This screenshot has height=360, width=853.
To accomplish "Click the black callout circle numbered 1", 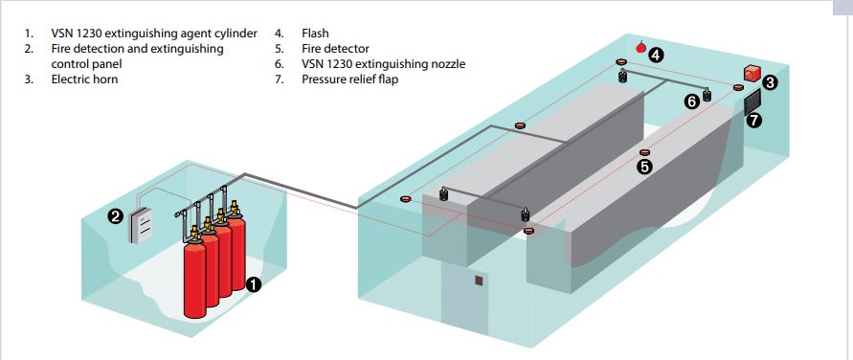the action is point(254,283).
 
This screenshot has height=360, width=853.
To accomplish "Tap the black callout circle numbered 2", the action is point(115,217).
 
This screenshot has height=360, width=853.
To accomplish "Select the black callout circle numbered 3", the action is point(770,83).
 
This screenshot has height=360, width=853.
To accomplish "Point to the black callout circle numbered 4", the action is point(656,55).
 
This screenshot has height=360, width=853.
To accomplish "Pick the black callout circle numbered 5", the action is point(644,167).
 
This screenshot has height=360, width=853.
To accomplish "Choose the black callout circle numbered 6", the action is point(691,101).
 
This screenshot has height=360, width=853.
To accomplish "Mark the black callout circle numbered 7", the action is point(752,121).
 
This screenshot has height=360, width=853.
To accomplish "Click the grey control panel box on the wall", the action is point(141,224).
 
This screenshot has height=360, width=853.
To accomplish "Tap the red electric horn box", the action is point(752,73).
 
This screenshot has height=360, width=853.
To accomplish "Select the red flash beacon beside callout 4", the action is point(640,47).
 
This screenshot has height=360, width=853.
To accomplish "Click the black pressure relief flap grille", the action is point(752,102).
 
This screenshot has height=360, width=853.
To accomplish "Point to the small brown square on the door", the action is point(478,281).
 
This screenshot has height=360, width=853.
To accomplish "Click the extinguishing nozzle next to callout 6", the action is point(707,95).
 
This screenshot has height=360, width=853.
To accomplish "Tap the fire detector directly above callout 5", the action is point(644,152).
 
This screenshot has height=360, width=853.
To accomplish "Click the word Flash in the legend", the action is point(315,34).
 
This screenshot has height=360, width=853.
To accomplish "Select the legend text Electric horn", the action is point(84,79).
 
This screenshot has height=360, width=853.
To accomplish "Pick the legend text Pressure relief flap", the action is point(349,79).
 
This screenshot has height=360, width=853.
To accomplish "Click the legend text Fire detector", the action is point(335,49).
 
